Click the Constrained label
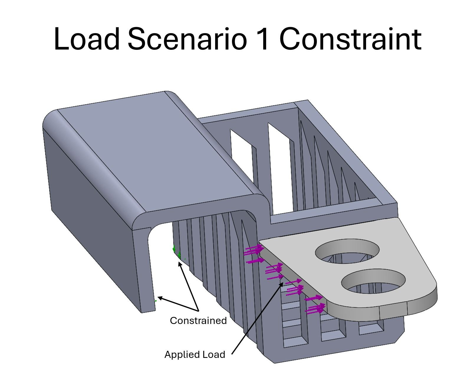pyautogui.click(x=198, y=321)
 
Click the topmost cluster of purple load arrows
pyautogui.click(x=253, y=251)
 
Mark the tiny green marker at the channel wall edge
pyautogui.click(x=155, y=301)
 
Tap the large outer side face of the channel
pyautogui.click(x=91, y=206)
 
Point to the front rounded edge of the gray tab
pyautogui.click(x=413, y=307)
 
